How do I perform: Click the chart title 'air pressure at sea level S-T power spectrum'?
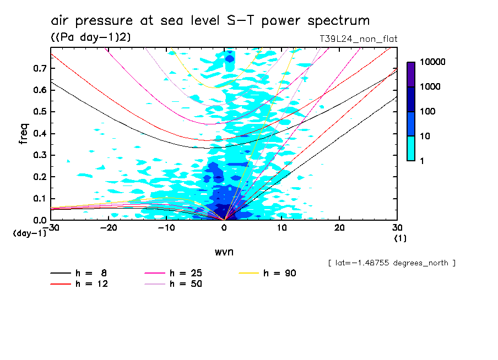click(210, 21)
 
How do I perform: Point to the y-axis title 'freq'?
click(23, 133)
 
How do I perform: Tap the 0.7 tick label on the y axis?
click(39, 68)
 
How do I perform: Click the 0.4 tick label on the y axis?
click(39, 133)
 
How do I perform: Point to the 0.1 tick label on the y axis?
click(39, 198)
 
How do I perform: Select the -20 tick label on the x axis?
click(109, 228)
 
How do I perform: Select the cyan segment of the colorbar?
click(411, 148)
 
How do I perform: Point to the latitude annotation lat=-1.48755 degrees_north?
click(392, 263)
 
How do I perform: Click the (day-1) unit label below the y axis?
click(29, 233)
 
